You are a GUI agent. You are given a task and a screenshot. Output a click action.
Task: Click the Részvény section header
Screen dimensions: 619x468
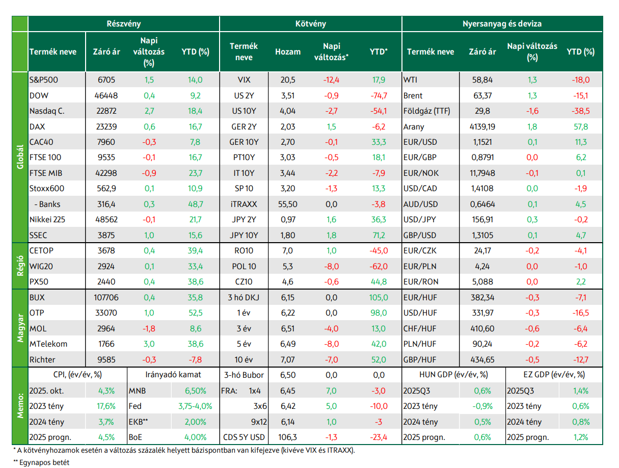[x=123, y=23]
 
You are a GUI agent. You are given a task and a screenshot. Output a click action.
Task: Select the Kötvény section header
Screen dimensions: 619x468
[x=310, y=23]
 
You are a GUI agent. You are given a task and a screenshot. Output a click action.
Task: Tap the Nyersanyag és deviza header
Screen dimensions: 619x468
[x=502, y=23]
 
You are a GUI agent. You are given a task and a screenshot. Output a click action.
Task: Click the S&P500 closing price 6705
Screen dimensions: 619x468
[x=106, y=80]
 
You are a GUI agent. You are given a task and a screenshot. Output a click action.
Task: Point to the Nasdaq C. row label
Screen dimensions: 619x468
[x=47, y=111]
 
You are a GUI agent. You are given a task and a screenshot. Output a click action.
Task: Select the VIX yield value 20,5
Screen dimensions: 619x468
[x=288, y=80]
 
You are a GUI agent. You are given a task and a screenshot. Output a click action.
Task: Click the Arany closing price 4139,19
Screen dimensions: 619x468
[x=482, y=126]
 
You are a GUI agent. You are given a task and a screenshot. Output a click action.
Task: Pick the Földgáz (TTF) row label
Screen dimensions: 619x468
[x=426, y=111]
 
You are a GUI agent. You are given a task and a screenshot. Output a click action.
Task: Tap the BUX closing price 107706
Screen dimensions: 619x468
[x=106, y=297]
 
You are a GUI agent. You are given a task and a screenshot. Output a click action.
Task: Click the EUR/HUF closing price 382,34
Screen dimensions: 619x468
[x=482, y=297]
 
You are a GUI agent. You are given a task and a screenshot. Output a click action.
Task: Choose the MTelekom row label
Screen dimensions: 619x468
[x=48, y=344]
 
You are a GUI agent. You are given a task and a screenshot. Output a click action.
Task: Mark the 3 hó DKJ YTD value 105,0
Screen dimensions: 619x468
[x=379, y=297]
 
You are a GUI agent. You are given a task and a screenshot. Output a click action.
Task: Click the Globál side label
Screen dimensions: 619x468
[x=20, y=157]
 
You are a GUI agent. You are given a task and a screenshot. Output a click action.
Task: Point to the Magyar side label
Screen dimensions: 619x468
[x=20, y=328]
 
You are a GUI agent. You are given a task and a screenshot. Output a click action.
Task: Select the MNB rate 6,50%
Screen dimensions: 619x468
[x=196, y=391]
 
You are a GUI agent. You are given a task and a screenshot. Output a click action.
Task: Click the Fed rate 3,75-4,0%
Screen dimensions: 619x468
[x=195, y=406]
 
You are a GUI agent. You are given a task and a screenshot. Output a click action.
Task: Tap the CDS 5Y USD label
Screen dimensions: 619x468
[x=244, y=437]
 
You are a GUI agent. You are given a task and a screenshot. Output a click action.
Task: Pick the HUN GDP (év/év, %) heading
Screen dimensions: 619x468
[x=453, y=375]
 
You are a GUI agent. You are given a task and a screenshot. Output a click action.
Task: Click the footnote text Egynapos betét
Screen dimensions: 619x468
[x=44, y=462]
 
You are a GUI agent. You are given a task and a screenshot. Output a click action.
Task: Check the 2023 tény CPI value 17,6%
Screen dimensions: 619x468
[x=106, y=406]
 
